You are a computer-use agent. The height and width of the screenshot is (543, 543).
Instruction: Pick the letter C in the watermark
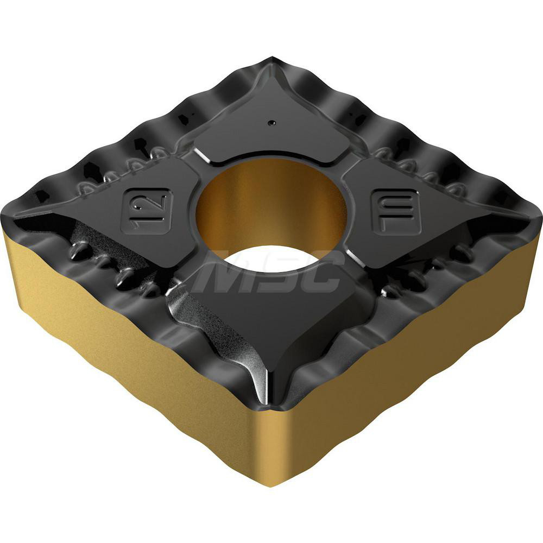coord(320,274)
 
